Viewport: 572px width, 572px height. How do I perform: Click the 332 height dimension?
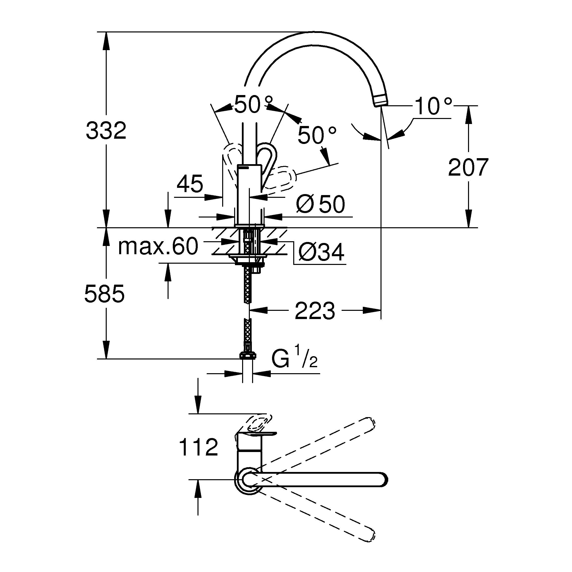pyautogui.click(x=106, y=131)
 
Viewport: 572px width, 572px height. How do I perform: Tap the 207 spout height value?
pyautogui.click(x=468, y=168)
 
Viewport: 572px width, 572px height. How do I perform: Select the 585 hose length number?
pyautogui.click(x=104, y=294)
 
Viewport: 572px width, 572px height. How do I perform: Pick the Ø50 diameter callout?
pyautogui.click(x=320, y=204)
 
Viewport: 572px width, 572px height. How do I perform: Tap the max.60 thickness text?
pyautogui.click(x=158, y=246)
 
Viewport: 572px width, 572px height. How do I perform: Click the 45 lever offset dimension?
pyautogui.click(x=190, y=184)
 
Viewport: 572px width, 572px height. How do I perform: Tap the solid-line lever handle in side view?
pyautogui.click(x=267, y=160)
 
